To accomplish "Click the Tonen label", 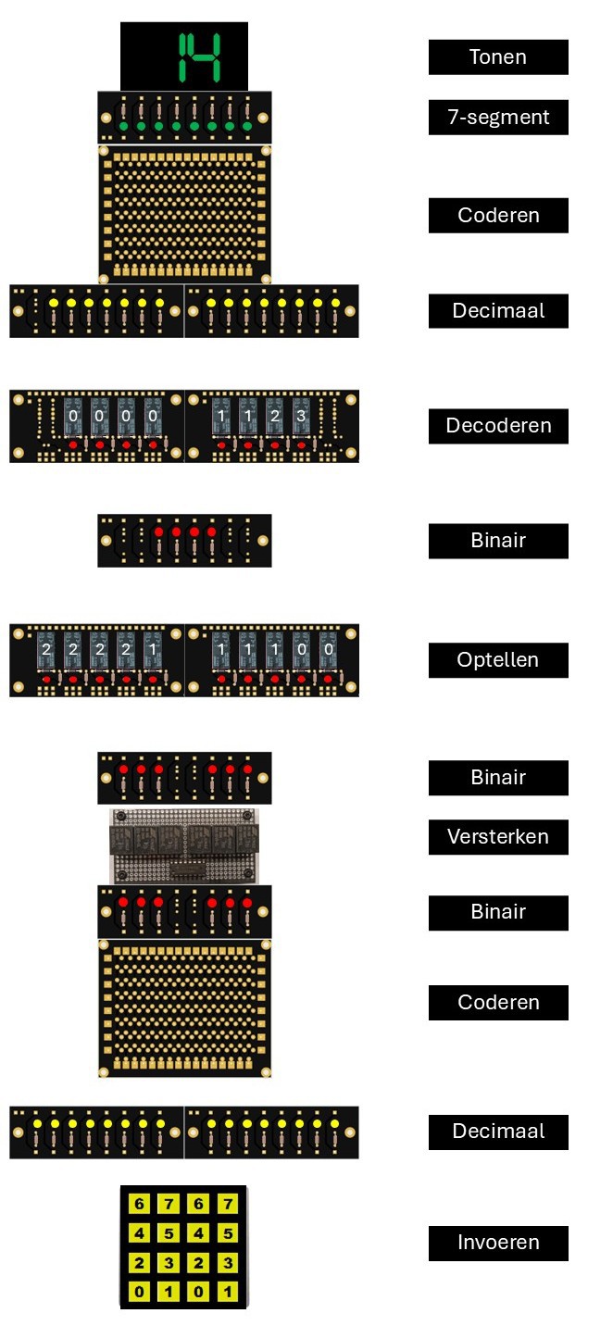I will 498,57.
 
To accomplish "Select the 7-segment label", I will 498,118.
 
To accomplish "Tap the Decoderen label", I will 498,426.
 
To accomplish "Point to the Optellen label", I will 498,660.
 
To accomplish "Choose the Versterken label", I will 498,837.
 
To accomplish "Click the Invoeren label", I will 498,1243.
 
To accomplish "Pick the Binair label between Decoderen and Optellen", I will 498,541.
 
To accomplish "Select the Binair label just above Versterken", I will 498,778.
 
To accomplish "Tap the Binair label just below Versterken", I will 498,912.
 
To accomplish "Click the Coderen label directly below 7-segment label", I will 498,216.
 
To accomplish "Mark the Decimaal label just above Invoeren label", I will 498,1132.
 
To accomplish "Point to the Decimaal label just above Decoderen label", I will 498,311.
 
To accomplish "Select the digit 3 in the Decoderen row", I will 300,417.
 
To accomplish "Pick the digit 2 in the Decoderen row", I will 274,417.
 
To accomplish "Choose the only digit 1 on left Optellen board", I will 152,650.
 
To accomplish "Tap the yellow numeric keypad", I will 183,1246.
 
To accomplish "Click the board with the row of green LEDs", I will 184,118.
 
